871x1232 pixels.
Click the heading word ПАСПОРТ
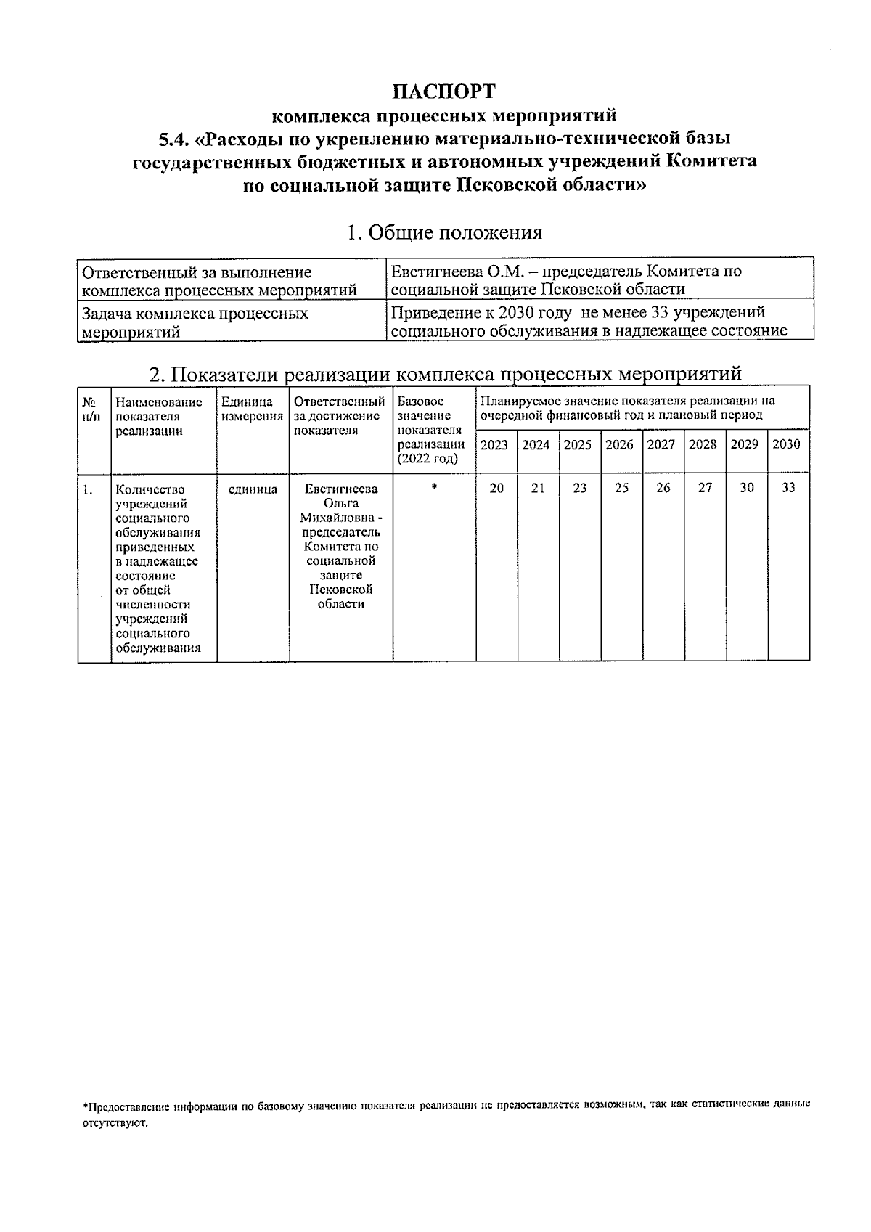[444, 91]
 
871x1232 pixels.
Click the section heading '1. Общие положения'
[444, 232]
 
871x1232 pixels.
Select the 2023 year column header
[494, 444]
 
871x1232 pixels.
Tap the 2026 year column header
[619, 444]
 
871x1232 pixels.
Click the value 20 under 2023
[496, 489]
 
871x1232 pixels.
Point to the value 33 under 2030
[788, 488]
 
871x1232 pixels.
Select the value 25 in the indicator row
[621, 489]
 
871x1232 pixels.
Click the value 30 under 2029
[747, 488]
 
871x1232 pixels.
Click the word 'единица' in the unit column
[253, 489]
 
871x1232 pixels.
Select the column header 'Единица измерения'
[252, 409]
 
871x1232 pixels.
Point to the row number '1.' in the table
[87, 489]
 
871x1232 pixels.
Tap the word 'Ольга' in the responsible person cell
[341, 503]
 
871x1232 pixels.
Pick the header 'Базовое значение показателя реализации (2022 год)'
[433, 429]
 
